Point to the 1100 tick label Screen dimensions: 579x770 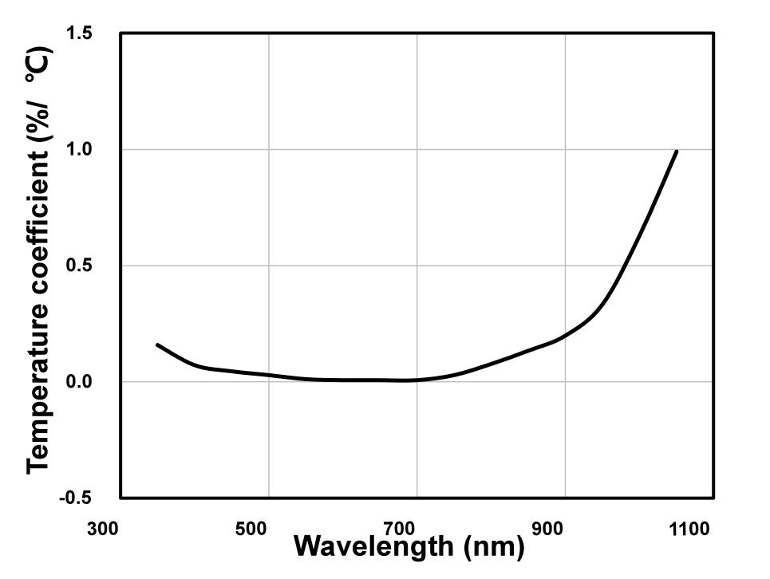(690, 529)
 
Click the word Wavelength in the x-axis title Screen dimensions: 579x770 (373, 547)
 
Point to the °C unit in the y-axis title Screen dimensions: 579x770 (38, 65)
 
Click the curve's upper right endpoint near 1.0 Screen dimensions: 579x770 (677, 151)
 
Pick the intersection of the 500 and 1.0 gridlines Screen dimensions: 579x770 (268, 149)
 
